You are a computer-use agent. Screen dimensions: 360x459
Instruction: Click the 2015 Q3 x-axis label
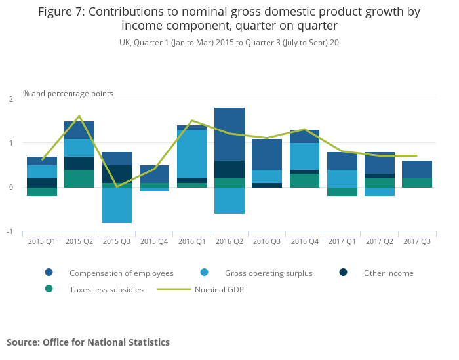point(116,242)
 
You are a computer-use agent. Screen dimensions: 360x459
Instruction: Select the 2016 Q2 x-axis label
point(229,242)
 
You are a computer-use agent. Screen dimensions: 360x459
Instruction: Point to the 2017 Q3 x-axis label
point(417,242)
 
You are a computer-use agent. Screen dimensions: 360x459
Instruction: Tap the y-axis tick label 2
point(11,99)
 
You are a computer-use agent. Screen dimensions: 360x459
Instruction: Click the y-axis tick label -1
point(10,232)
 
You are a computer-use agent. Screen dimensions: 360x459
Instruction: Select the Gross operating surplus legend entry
point(268,273)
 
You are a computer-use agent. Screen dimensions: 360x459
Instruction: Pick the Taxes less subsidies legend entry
point(106,289)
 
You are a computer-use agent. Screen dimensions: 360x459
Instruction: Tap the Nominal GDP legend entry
point(218,289)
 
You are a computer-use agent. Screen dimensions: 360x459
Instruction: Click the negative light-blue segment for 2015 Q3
point(117,205)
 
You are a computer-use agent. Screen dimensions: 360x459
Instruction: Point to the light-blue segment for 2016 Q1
point(192,154)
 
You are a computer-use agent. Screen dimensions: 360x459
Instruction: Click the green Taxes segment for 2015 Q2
point(79,178)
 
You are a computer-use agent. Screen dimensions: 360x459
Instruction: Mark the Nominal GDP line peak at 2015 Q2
point(79,116)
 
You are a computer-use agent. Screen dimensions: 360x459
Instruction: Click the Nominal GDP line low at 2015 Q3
point(117,187)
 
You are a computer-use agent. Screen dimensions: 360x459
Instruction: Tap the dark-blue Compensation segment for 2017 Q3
point(417,169)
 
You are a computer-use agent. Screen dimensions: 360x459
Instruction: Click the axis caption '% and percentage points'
point(68,94)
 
